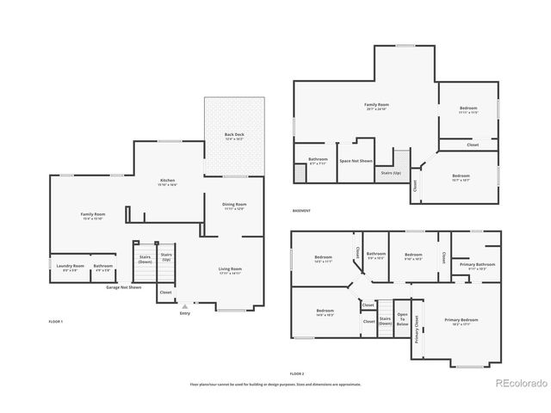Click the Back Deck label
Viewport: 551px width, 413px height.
point(234,136)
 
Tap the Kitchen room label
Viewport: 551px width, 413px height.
point(167,182)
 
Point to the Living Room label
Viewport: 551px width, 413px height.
point(230,270)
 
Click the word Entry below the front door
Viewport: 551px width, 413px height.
point(184,313)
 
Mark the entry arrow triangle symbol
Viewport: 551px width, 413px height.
point(184,305)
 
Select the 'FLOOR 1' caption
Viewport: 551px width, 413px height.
point(56,321)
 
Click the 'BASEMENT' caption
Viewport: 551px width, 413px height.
point(300,211)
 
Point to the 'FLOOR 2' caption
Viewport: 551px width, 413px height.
point(297,373)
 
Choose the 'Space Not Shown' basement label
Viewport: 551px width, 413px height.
point(356,161)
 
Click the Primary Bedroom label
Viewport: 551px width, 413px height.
point(461,320)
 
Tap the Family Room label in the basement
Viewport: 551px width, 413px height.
point(377,106)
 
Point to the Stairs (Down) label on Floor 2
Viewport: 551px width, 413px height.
point(385,320)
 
